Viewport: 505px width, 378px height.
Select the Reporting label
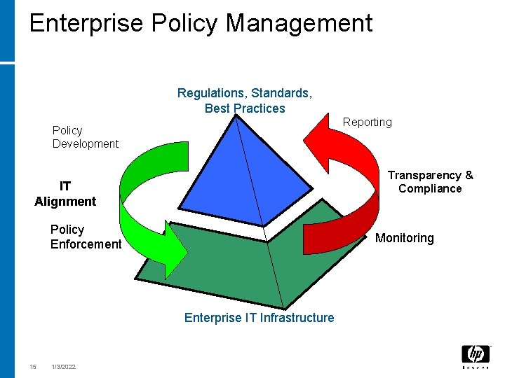tap(367, 122)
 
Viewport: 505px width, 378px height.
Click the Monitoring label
tap(404, 238)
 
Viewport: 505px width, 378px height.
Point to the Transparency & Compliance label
tap(430, 182)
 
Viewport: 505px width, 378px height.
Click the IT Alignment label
tap(65, 194)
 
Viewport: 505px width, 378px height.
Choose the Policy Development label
tap(85, 137)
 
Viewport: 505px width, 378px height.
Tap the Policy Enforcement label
tap(86, 237)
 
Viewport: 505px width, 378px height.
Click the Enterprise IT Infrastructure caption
tap(259, 318)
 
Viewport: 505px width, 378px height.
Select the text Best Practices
tap(245, 108)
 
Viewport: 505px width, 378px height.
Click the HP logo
tap(476, 356)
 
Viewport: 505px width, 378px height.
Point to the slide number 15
tap(33, 367)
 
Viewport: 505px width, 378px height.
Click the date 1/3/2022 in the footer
tap(63, 367)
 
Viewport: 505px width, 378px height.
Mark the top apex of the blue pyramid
tap(236, 116)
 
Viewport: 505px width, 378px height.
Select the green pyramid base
tap(231, 266)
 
